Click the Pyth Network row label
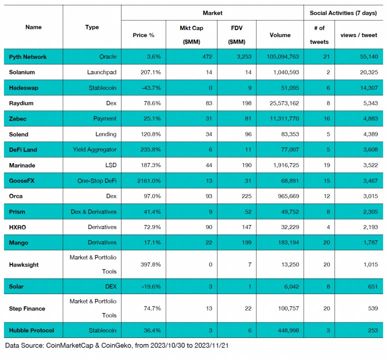27,57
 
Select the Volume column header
280,35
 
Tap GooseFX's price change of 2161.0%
149,181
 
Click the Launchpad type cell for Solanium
101,72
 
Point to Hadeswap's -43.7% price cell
151,88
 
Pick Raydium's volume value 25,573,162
284,103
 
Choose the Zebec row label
17,119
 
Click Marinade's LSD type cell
111,165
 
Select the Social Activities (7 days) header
343,13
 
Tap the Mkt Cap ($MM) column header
191,35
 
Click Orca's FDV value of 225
246,196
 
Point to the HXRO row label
17,227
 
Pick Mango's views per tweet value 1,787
370,242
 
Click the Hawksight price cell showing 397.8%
150,264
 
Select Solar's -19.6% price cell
151,286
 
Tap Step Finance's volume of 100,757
288,308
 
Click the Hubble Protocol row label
31,330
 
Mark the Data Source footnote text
117,345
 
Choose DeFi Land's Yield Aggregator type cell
94,149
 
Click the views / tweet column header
359,35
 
